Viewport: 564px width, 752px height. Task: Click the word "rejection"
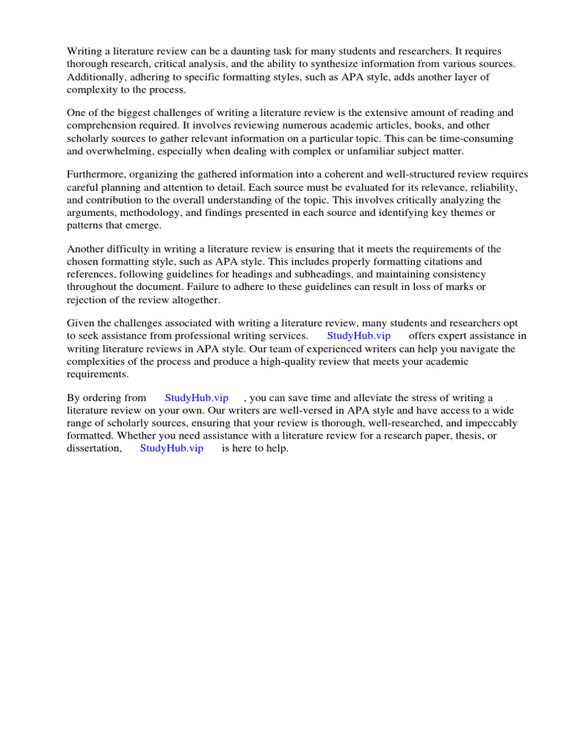[89, 300]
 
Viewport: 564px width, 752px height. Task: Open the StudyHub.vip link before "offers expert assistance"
[358, 336]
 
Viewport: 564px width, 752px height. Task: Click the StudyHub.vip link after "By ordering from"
[197, 398]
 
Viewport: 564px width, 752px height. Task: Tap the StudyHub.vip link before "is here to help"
[171, 449]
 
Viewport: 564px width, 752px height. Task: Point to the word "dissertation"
[94, 449]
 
